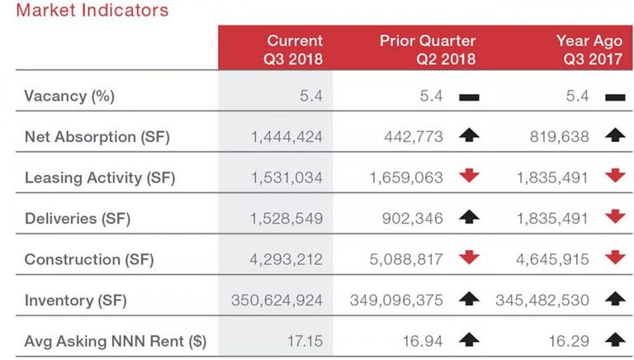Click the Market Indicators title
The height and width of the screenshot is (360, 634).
92,10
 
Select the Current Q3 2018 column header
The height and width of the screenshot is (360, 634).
293,50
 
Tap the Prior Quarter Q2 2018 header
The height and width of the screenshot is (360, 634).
428,50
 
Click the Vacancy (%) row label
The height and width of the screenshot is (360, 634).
69,97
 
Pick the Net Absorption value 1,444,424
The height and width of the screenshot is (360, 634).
287,137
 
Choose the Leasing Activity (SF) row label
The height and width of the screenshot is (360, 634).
100,178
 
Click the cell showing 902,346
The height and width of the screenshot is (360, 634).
413,219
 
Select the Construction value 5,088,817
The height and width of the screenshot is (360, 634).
406,260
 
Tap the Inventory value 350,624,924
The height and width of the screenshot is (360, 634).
277,301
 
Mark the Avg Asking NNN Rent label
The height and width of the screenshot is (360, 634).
116,341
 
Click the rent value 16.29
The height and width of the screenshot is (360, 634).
569,341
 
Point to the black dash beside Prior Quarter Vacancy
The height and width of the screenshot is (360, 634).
469,97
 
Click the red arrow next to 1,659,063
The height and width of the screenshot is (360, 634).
469,176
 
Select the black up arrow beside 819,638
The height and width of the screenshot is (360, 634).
615,135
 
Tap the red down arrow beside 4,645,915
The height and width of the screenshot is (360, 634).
615,258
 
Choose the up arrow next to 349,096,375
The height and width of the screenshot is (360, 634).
469,299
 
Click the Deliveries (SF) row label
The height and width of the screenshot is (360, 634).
78,219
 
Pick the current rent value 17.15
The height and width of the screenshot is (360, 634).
305,341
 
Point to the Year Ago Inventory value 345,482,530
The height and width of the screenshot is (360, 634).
542,301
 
